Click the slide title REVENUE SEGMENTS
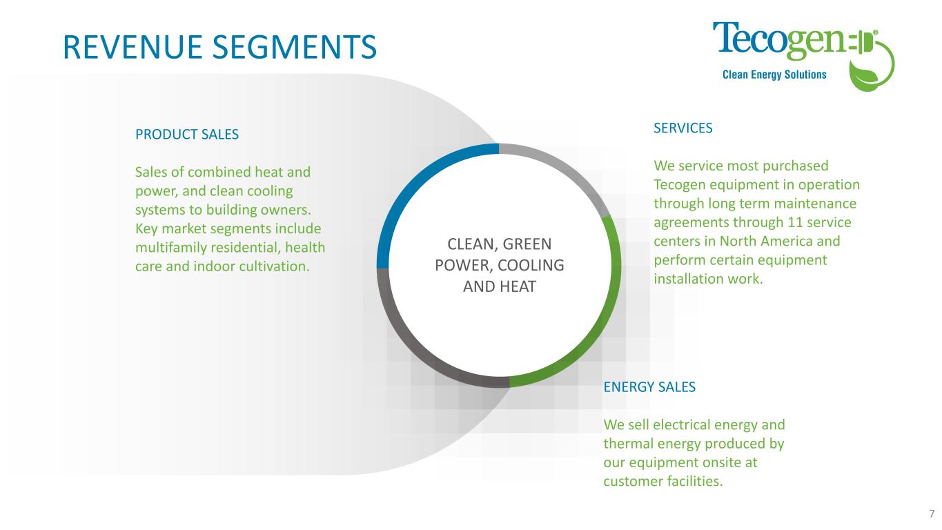pyautogui.click(x=219, y=46)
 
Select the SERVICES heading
pyautogui.click(x=683, y=128)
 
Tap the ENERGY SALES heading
pyautogui.click(x=649, y=387)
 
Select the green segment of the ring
pyautogui.click(x=607, y=304)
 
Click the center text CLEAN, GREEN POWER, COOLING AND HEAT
pyautogui.click(x=499, y=266)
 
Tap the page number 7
pyautogui.click(x=932, y=513)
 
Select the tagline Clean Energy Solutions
pyautogui.click(x=774, y=75)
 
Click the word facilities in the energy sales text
pyautogui.click(x=693, y=481)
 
